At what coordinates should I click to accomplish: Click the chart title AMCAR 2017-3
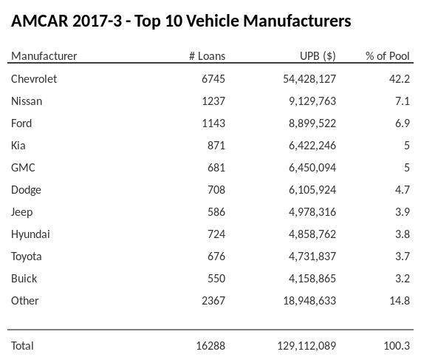point(181,21)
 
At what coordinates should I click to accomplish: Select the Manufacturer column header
point(44,56)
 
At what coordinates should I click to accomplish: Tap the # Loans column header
point(207,56)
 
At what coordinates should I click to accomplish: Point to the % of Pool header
point(388,56)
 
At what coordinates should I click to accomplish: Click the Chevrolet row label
point(34,78)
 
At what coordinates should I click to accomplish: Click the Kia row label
point(19,145)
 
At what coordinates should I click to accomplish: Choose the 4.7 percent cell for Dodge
point(402,189)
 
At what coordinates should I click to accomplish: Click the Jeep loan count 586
point(216,211)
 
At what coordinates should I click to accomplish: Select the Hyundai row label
point(30,234)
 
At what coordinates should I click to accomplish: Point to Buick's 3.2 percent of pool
point(402,278)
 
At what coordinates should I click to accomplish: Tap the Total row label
point(23,345)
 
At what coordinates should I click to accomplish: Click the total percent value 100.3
point(398,345)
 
